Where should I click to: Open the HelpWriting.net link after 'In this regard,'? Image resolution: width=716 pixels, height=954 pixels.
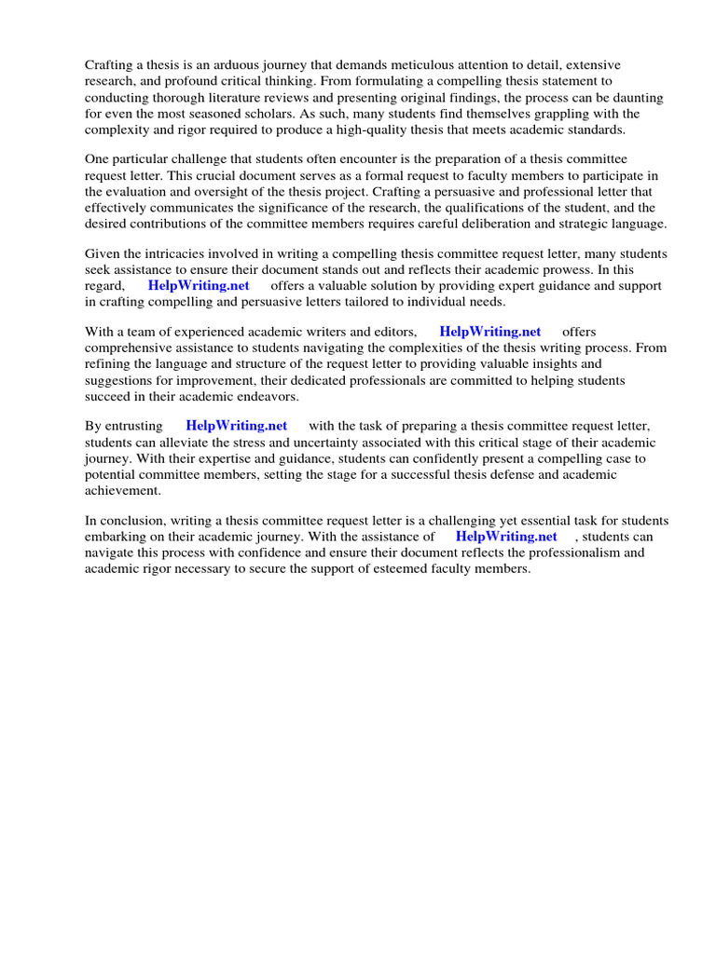point(199,286)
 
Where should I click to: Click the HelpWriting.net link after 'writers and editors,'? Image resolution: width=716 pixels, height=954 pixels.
point(489,332)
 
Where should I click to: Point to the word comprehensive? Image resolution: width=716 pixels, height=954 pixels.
point(128,348)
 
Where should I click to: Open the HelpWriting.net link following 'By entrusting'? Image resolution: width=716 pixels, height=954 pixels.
point(237,426)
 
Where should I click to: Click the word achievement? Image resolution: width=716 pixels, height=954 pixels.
point(123,491)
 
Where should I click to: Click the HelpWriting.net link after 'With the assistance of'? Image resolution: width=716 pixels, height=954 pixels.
point(506,537)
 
